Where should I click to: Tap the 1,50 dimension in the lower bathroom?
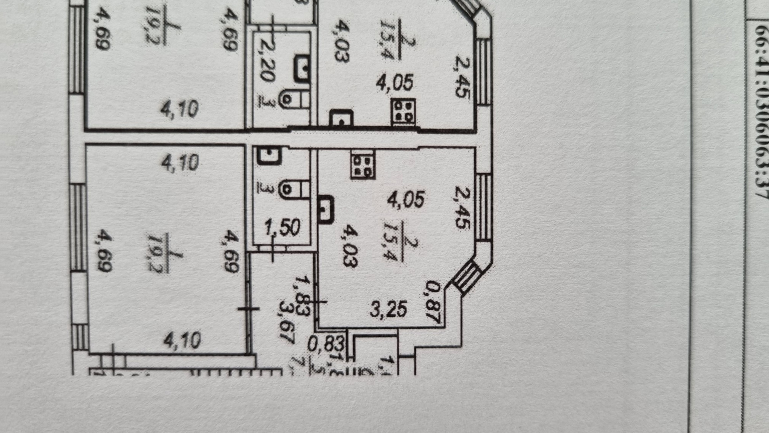[283, 228]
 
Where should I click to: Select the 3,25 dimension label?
[388, 309]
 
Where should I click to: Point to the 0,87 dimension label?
[433, 302]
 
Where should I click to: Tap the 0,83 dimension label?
[326, 343]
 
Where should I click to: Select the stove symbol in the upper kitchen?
[403, 112]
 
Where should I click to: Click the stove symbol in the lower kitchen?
[363, 164]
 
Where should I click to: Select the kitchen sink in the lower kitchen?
[325, 208]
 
